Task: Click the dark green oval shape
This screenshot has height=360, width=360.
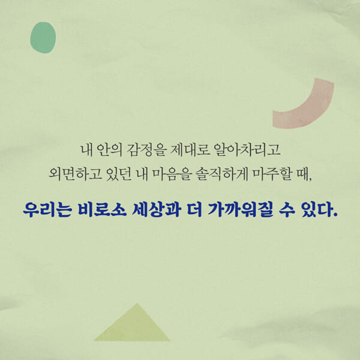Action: pyautogui.click(x=43, y=37)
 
